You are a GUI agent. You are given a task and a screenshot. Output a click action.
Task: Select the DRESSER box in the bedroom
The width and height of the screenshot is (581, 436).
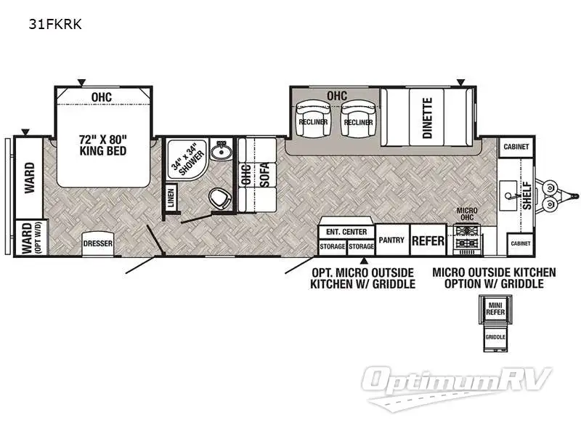coord(97,243)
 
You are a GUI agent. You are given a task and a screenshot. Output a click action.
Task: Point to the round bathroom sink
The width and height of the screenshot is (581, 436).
coord(219,153)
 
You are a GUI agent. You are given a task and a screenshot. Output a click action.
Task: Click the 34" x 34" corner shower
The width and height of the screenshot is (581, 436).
coord(182,158)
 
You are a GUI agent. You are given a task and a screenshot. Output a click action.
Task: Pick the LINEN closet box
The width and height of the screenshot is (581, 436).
coord(171,198)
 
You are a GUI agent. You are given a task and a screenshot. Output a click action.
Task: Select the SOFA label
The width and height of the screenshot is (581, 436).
coord(265,175)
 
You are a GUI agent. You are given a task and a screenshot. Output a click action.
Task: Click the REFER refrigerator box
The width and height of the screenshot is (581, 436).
coord(428,241)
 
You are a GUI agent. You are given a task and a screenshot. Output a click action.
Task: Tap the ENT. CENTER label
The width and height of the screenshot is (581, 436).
coord(346,232)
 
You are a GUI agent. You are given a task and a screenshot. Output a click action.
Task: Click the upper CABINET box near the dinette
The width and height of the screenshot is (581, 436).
coord(516,147)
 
